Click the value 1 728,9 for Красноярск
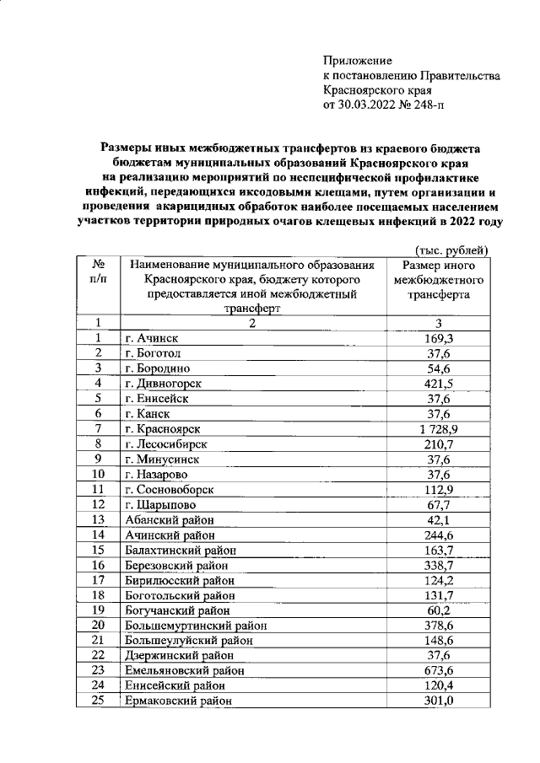[438, 428]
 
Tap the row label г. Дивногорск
[167, 383]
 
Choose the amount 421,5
[438, 383]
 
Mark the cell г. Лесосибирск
[165, 443]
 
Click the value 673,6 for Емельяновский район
[438, 670]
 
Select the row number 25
[98, 701]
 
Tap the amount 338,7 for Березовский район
[438, 565]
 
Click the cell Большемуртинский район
[195, 625]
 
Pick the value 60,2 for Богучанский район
[438, 610]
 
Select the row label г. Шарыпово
[159, 504]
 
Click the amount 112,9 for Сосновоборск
[438, 489]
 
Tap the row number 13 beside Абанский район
[98, 519]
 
